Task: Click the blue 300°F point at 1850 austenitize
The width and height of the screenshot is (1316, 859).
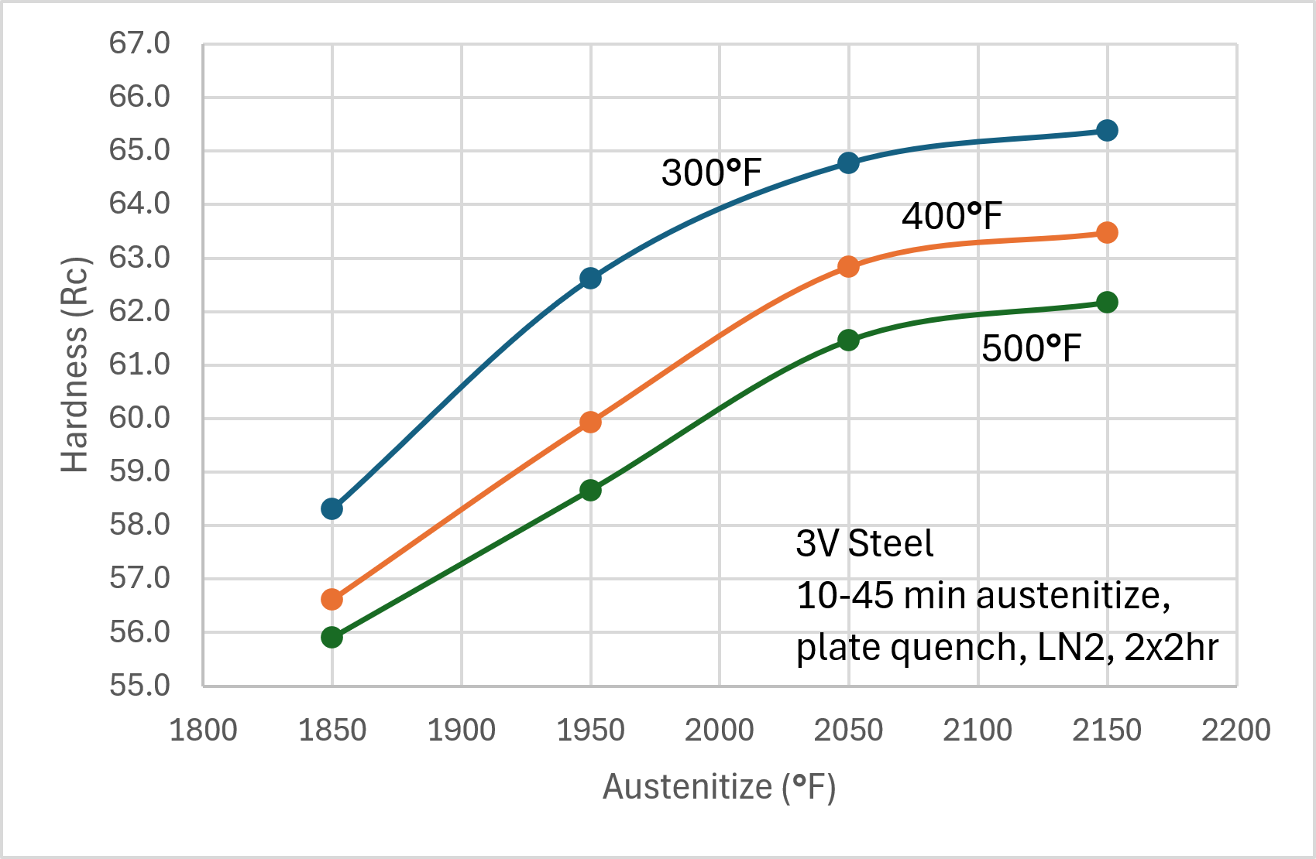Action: (332, 508)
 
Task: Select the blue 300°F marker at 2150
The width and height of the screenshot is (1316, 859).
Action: (1107, 130)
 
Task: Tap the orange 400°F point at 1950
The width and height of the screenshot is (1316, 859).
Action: (590, 422)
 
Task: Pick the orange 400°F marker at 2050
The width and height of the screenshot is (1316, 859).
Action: (848, 266)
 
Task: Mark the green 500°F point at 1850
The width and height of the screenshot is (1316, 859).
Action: (332, 637)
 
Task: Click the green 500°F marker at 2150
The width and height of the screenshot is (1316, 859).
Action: (1107, 302)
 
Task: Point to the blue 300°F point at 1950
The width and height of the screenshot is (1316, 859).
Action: (590, 278)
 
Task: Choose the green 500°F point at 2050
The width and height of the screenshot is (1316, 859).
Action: (848, 340)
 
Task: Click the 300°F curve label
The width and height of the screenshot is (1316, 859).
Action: (711, 173)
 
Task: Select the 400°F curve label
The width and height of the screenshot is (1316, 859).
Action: (951, 216)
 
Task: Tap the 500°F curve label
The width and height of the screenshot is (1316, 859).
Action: (1031, 348)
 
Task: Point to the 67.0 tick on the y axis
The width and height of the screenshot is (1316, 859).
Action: (139, 43)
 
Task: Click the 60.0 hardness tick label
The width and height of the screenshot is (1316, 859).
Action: (139, 418)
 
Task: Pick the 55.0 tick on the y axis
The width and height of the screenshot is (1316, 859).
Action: (139, 685)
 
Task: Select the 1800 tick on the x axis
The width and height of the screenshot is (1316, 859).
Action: (203, 730)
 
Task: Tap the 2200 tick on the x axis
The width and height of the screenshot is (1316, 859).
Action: (1235, 730)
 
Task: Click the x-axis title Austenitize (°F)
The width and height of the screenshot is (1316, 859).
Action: (719, 787)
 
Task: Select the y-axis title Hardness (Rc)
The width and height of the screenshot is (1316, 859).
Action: (75, 364)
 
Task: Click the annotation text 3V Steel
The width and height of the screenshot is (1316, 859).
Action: (864, 543)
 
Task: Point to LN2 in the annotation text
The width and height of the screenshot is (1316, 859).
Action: (1070, 648)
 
